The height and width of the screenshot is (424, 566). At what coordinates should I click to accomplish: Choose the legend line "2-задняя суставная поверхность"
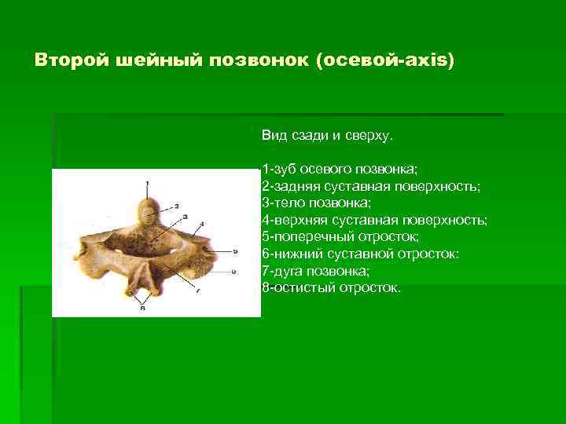tap(371, 187)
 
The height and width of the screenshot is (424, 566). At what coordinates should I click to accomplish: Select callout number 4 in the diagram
tap(203, 225)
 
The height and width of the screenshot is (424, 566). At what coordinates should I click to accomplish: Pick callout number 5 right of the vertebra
tap(236, 250)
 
